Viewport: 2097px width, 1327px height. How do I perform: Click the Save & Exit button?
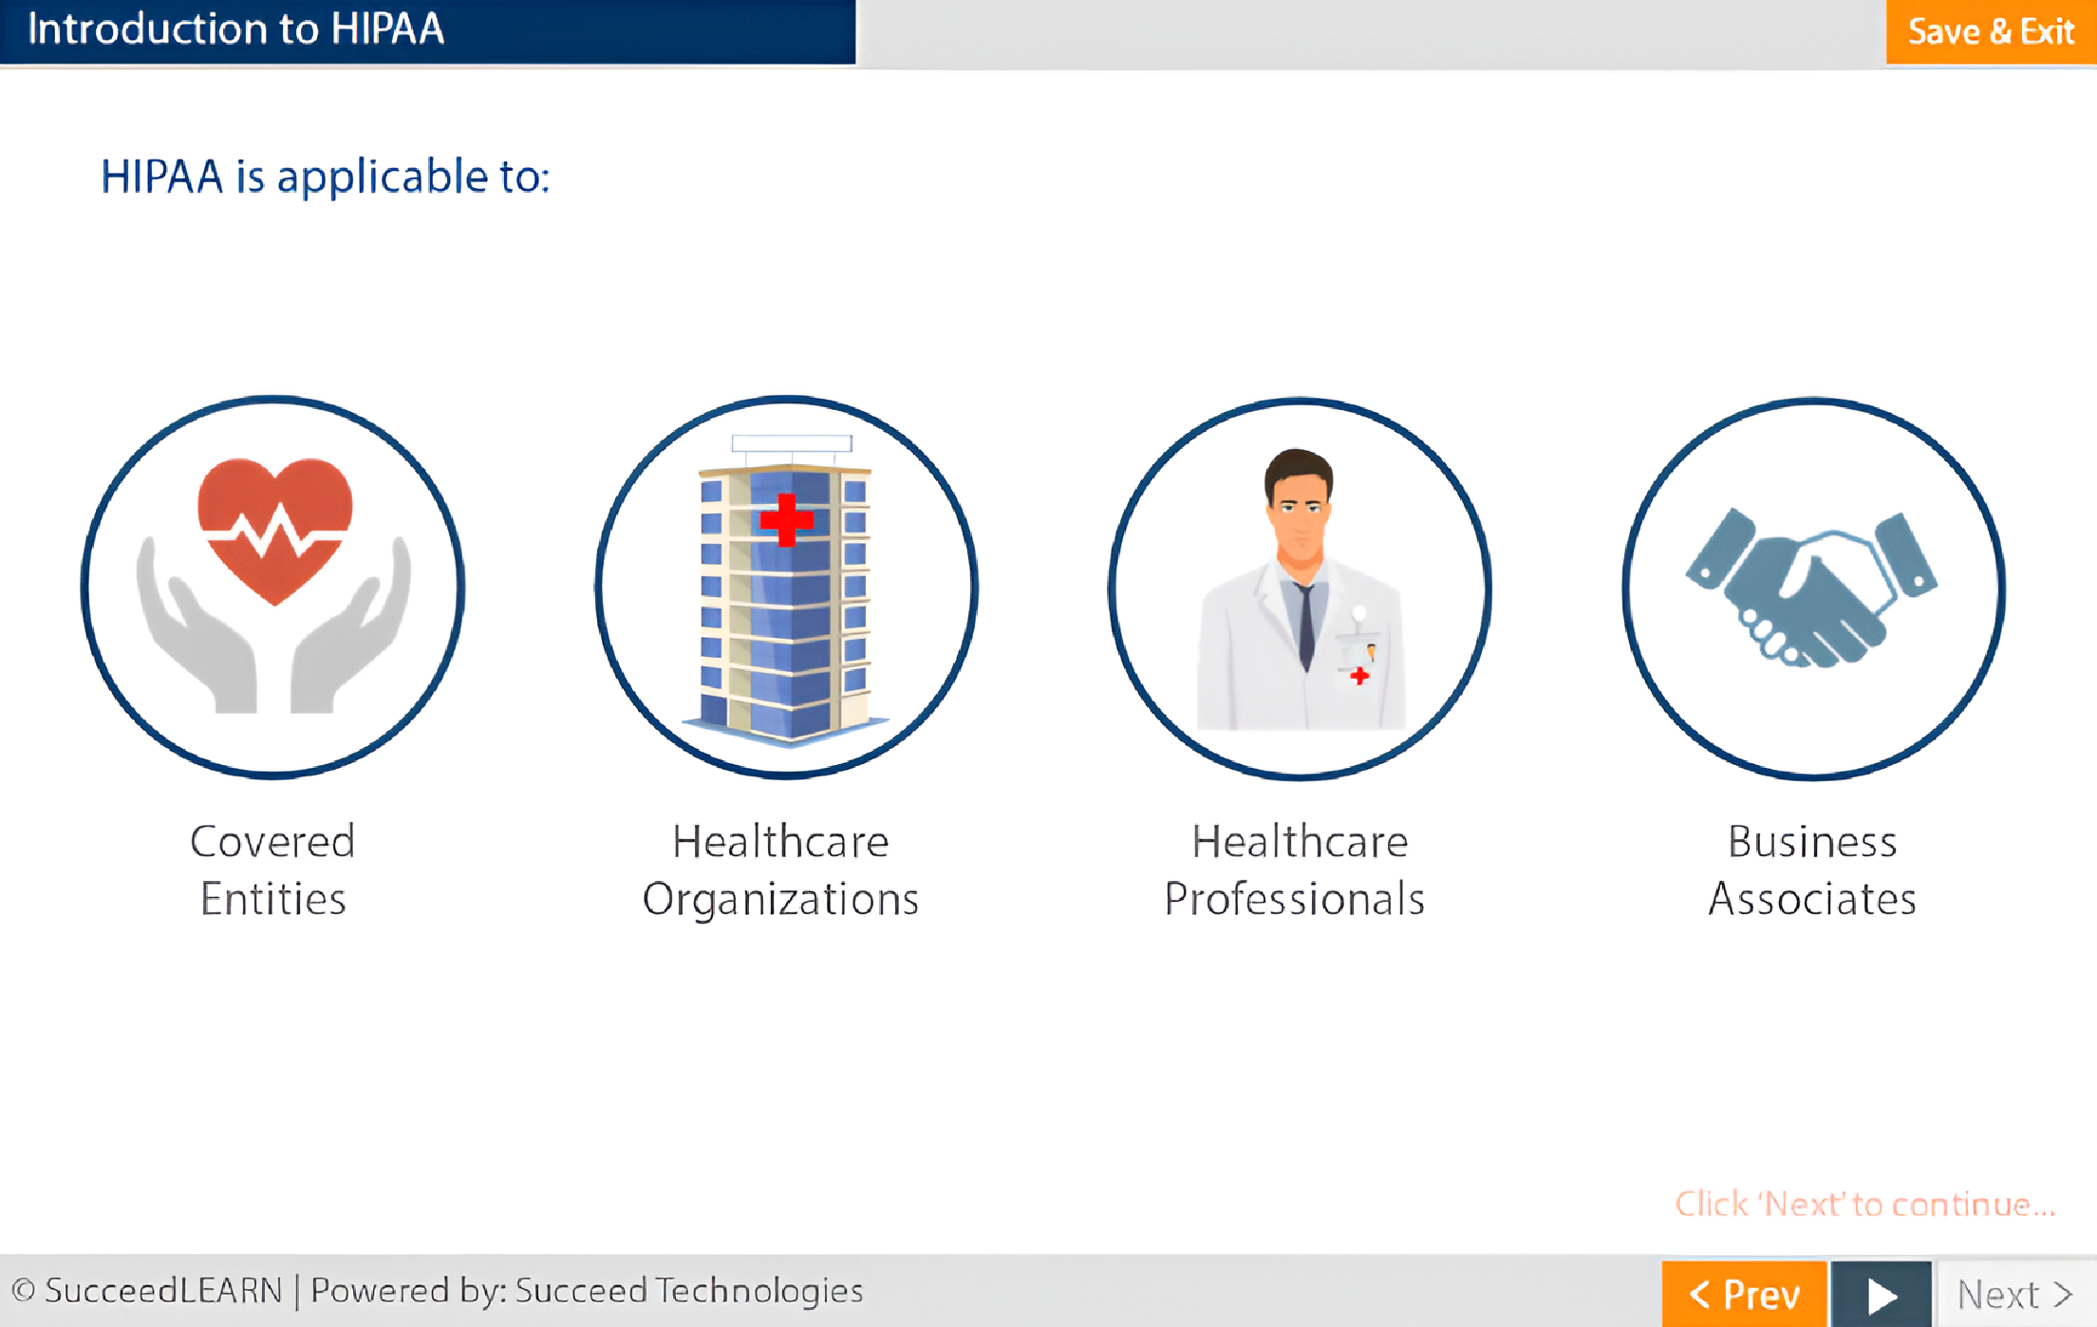point(1991,32)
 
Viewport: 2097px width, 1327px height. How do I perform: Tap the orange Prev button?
point(1744,1294)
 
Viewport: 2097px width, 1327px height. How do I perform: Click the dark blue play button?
point(1881,1294)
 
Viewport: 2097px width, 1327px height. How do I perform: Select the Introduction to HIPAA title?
point(235,28)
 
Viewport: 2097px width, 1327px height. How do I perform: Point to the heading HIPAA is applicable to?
point(326,177)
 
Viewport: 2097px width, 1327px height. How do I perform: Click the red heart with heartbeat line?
point(275,530)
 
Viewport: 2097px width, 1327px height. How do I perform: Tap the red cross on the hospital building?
point(786,519)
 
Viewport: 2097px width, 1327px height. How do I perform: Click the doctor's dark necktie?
point(1306,626)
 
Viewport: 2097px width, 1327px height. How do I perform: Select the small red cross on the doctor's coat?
point(1359,676)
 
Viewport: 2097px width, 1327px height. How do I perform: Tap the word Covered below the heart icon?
point(272,841)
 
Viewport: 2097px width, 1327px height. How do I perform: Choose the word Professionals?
point(1295,899)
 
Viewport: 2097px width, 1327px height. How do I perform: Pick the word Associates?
point(1812,899)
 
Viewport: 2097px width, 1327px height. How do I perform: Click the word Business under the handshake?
point(1812,841)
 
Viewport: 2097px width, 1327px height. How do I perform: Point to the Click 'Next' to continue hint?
point(1864,1204)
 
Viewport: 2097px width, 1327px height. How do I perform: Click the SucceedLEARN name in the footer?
point(163,1291)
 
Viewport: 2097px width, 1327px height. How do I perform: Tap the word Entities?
point(272,899)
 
